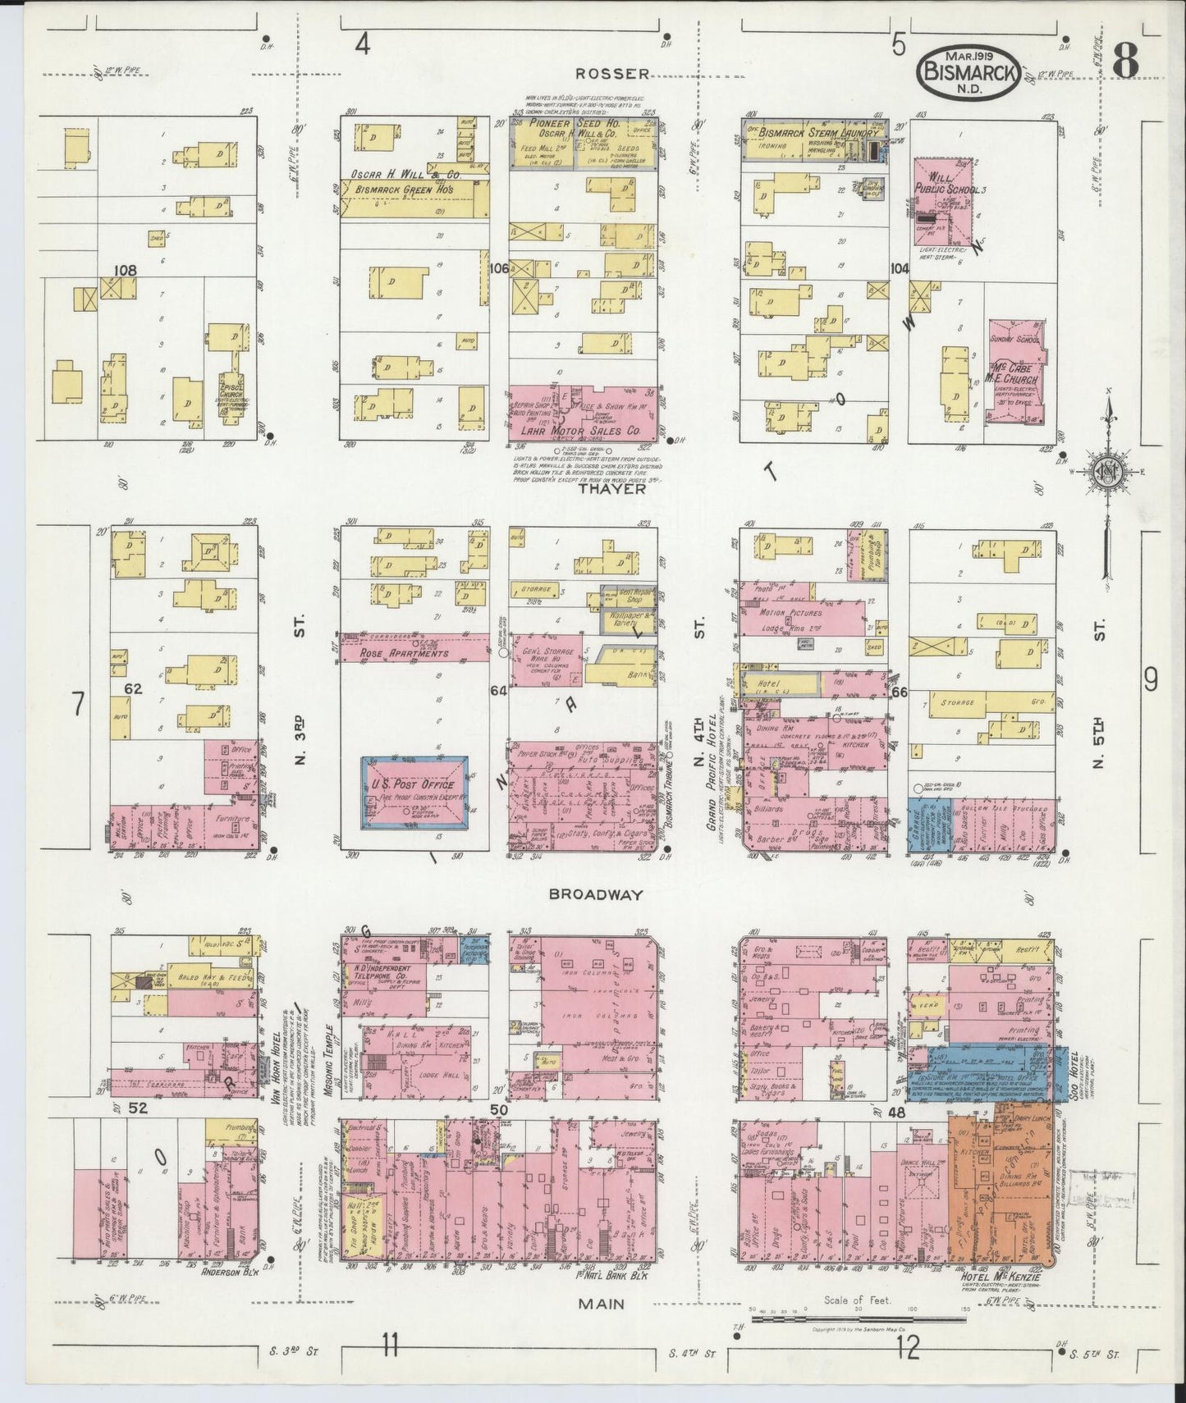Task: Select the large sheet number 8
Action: click(x=1126, y=59)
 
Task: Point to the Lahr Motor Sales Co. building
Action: click(x=583, y=415)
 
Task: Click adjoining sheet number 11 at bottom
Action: click(x=389, y=1345)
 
